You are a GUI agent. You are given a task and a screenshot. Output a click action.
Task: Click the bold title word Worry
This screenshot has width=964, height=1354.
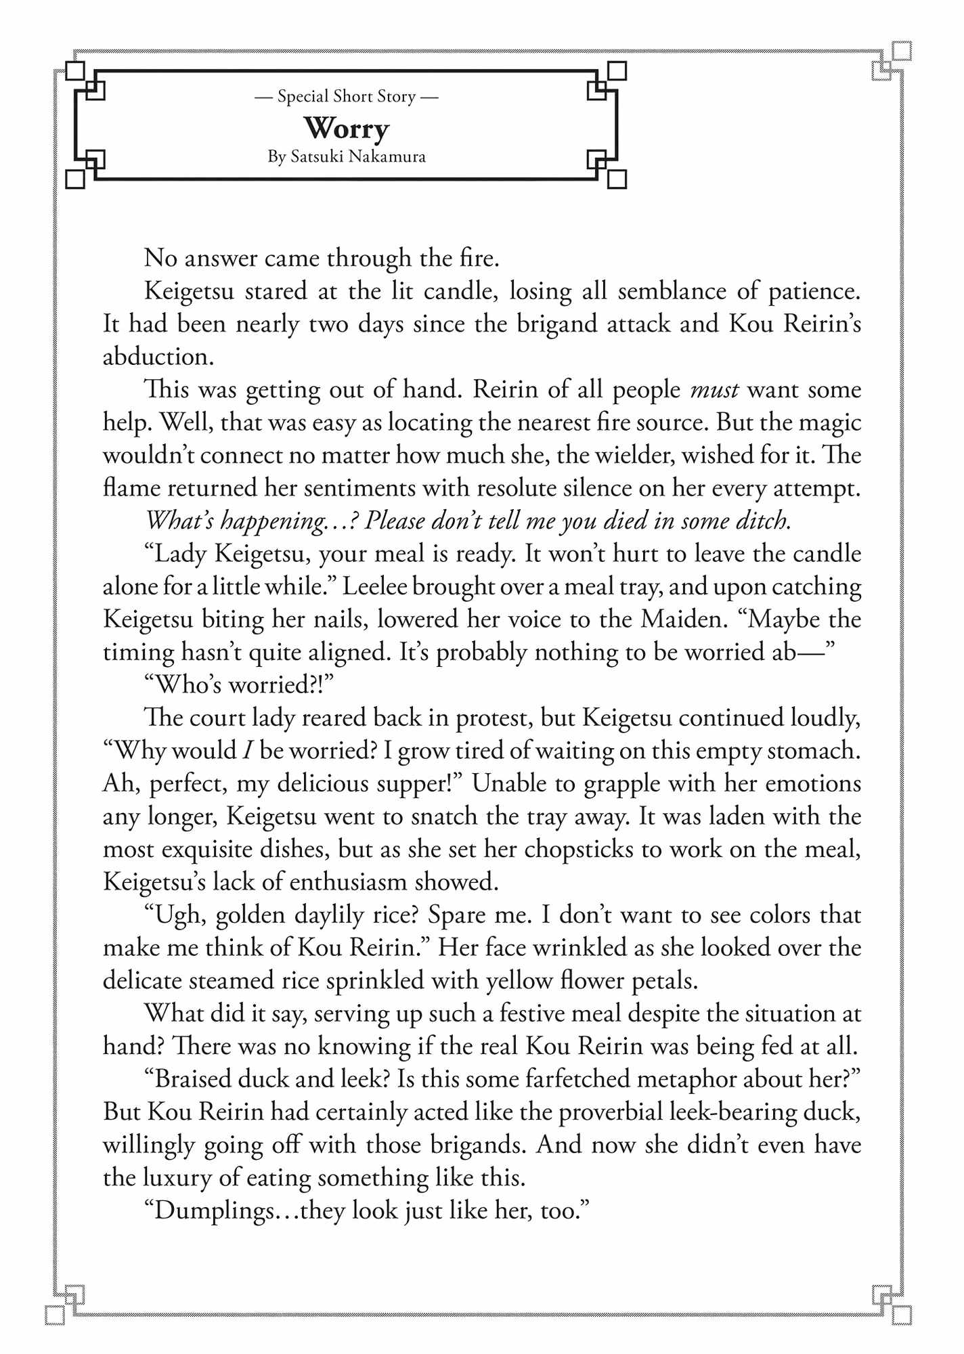(x=346, y=128)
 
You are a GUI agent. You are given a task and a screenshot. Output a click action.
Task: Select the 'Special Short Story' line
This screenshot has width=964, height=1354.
(x=346, y=97)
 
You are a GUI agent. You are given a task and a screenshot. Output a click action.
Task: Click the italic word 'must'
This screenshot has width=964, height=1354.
(x=714, y=390)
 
